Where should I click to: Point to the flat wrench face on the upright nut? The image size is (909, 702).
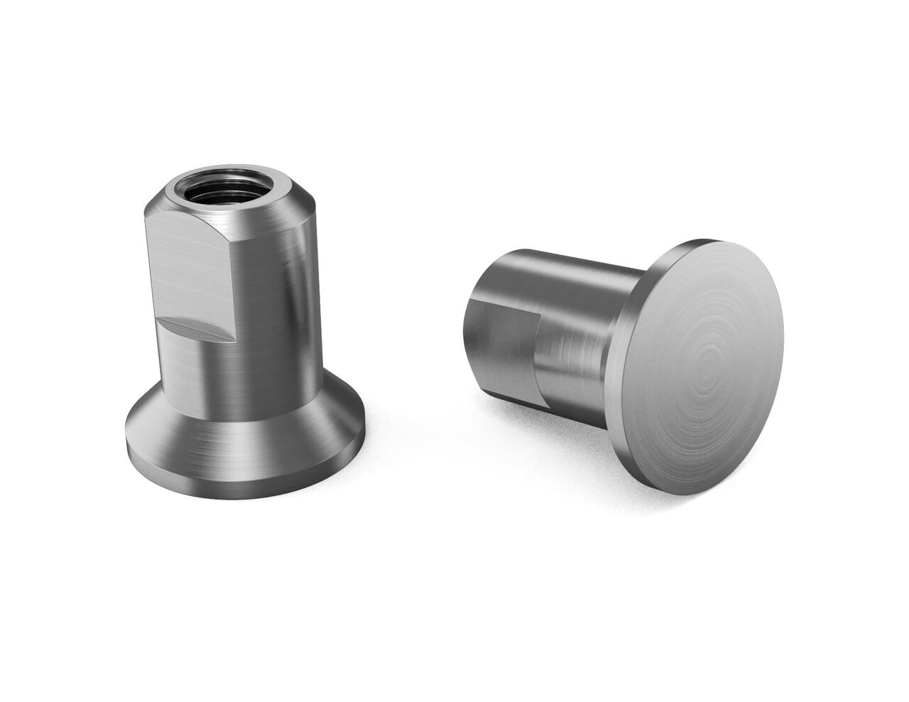click(x=192, y=270)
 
